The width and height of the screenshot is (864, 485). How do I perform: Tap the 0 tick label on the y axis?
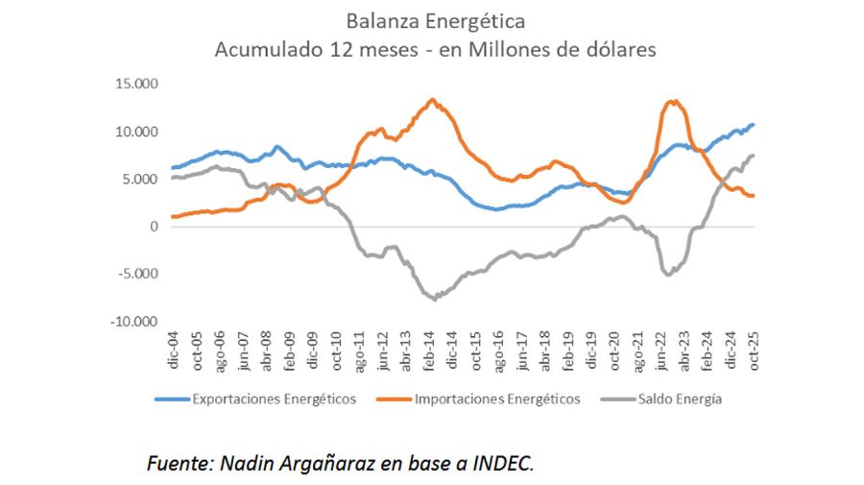[x=153, y=227]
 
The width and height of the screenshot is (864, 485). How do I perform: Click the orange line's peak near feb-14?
[x=432, y=99]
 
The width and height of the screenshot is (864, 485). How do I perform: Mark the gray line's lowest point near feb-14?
[x=435, y=300]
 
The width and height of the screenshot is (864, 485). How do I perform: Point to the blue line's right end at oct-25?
[x=754, y=124]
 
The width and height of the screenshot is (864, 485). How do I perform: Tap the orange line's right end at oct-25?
[x=754, y=196]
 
